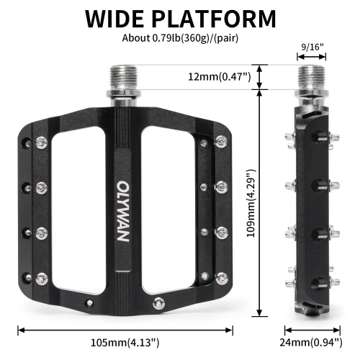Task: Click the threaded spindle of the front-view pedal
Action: point(124,79)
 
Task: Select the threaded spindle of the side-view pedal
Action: point(312,78)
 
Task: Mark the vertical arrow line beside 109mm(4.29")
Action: point(257,202)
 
